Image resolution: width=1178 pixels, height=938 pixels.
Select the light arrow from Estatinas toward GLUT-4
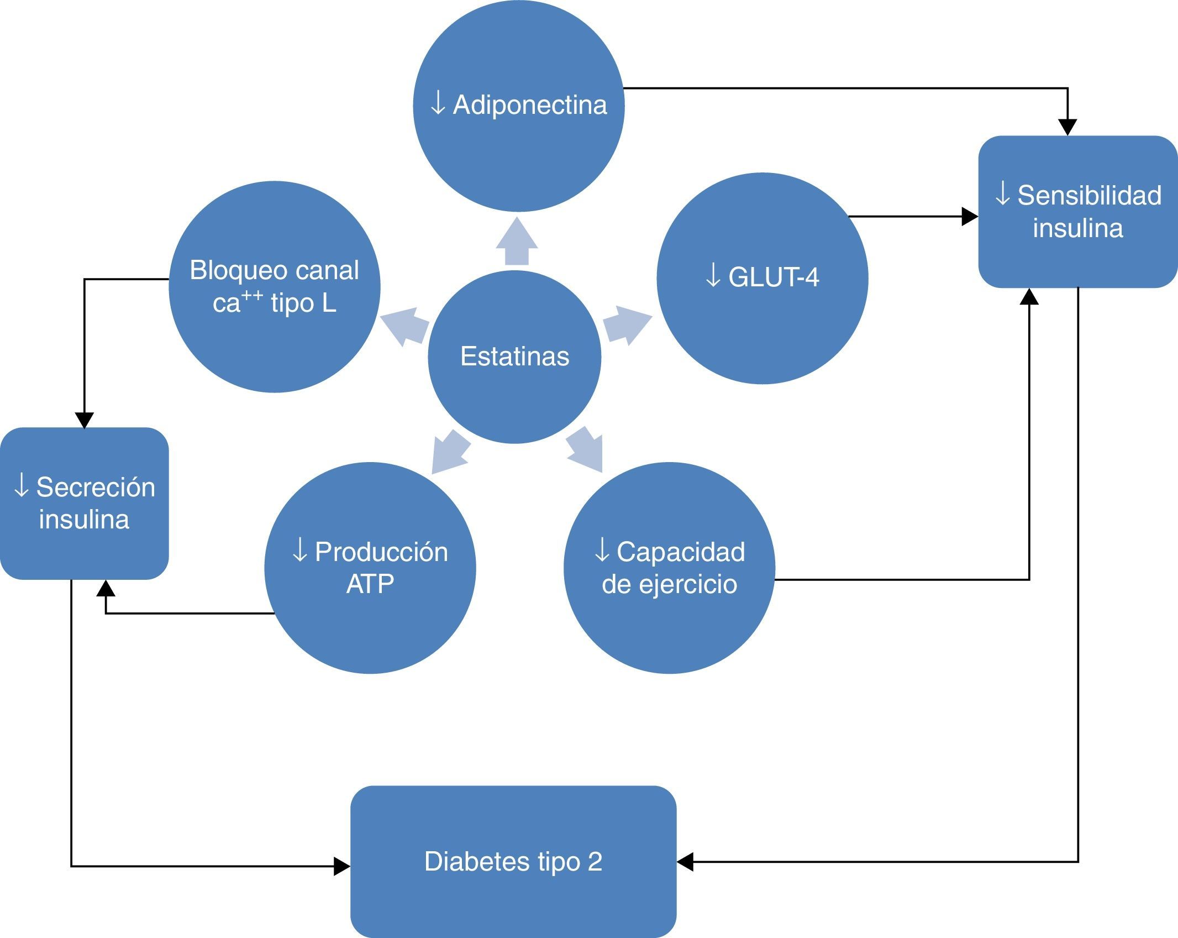(x=626, y=326)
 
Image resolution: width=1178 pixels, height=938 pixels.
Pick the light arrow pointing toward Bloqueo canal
(x=404, y=326)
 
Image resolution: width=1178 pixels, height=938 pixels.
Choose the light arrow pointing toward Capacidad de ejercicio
(x=585, y=450)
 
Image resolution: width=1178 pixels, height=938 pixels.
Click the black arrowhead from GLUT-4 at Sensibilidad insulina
(x=969, y=217)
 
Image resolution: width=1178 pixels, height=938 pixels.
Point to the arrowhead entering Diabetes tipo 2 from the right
(x=685, y=862)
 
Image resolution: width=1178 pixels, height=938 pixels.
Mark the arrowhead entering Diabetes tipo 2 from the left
(x=341, y=866)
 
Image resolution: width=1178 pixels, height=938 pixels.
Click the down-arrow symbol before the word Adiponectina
(x=438, y=104)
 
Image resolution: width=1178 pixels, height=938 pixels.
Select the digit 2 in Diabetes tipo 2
(x=595, y=862)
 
